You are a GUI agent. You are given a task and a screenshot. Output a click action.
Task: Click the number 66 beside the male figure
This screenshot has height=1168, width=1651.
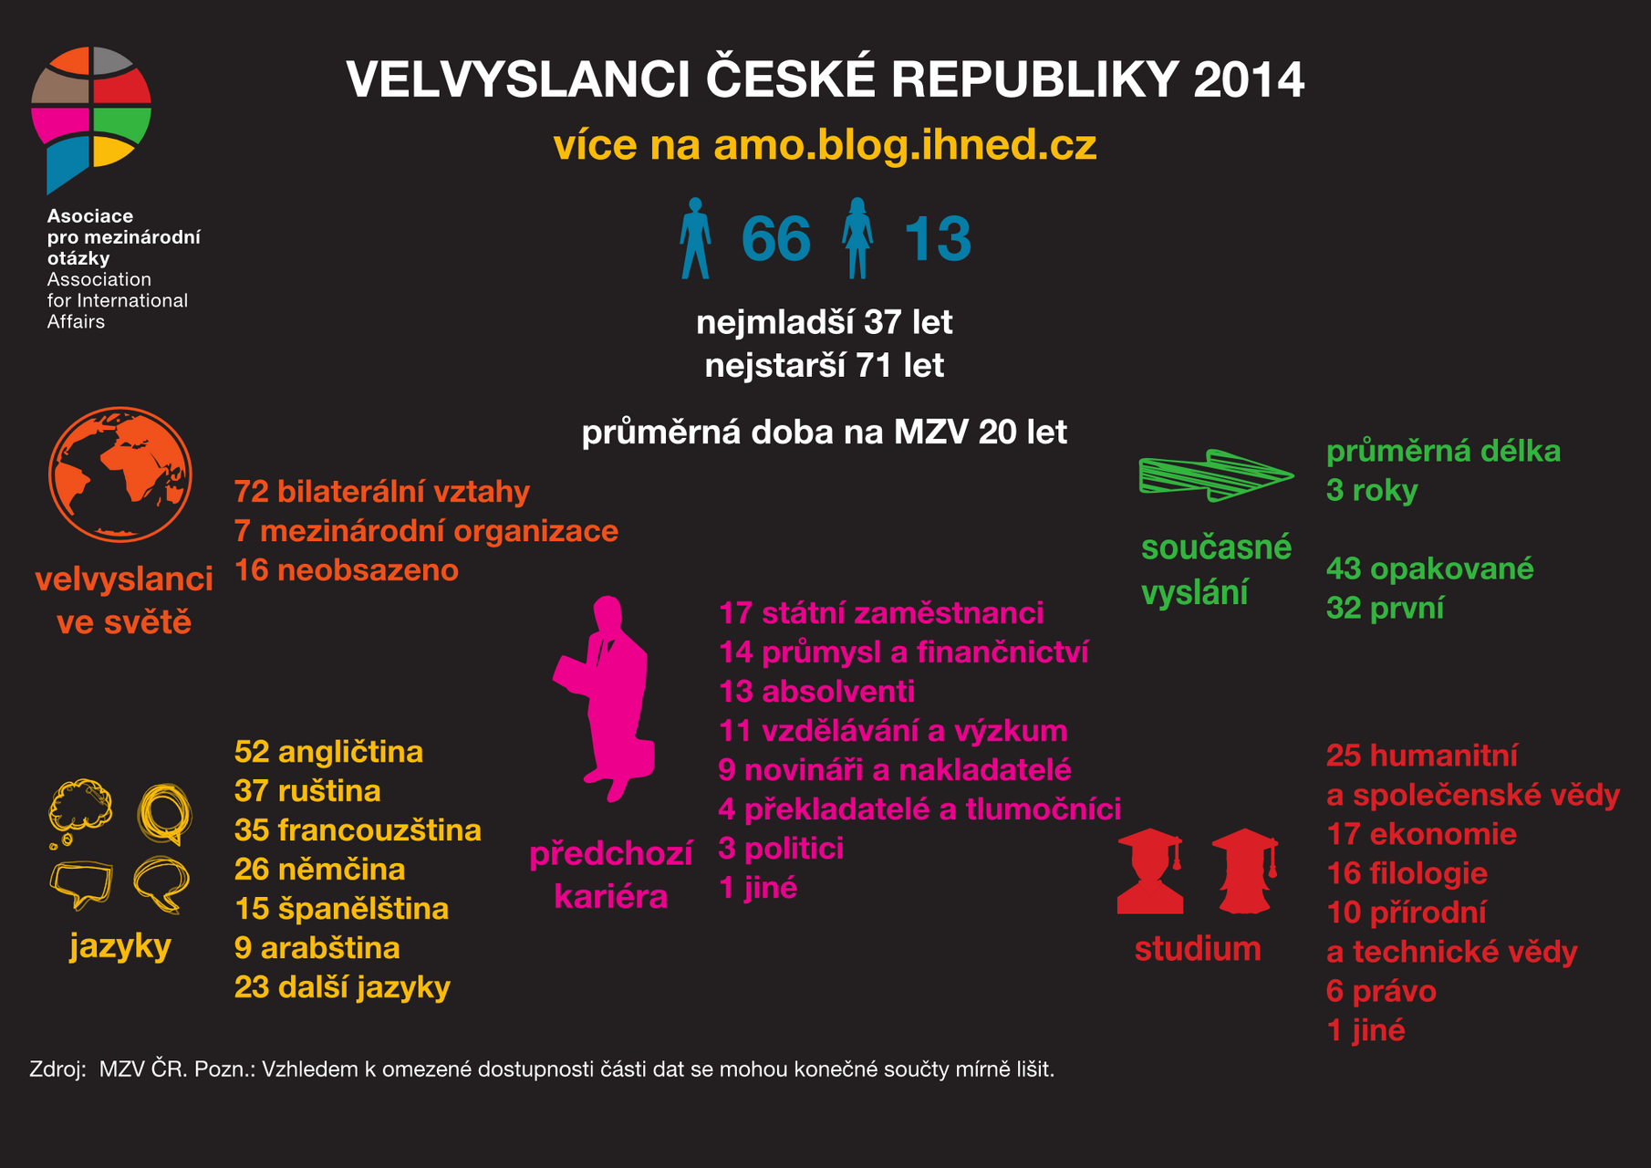(x=775, y=239)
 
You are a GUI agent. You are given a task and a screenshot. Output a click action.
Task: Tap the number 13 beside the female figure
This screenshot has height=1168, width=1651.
(x=937, y=239)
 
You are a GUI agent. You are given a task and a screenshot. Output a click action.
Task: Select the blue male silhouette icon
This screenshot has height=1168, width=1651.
(x=695, y=238)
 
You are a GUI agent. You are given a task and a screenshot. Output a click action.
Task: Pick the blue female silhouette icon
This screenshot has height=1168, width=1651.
(x=857, y=238)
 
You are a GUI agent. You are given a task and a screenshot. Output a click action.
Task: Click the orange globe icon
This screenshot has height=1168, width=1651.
(x=120, y=474)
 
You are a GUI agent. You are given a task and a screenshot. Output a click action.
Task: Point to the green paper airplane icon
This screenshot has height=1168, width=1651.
(x=1216, y=474)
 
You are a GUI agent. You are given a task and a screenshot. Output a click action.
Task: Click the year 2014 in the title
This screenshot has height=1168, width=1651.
(x=1249, y=79)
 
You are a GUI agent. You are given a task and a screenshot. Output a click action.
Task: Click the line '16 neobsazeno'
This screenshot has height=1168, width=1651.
(x=347, y=570)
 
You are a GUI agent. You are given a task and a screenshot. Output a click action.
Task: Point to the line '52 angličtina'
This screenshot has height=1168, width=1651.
(x=328, y=752)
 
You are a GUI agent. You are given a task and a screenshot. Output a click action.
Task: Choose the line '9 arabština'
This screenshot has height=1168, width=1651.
(x=317, y=948)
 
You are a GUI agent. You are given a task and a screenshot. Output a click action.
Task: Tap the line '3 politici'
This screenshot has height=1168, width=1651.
(x=781, y=849)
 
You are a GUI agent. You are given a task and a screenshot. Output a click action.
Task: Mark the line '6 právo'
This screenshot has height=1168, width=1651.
(x=1381, y=991)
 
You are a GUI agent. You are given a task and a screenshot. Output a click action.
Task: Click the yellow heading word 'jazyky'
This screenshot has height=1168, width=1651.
(x=120, y=946)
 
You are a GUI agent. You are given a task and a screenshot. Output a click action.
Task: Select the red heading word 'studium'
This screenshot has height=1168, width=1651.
(x=1198, y=949)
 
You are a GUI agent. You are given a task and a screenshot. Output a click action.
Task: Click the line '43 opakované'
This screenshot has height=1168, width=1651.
(x=1429, y=568)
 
